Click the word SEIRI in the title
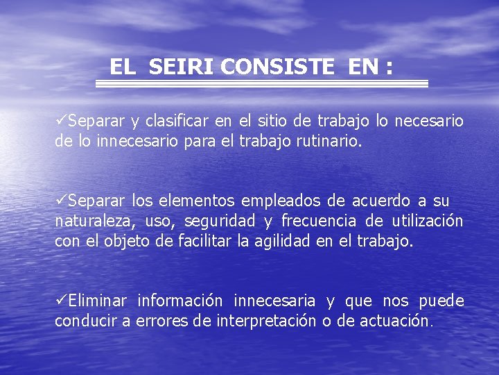tap(182, 67)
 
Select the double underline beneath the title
tap(261, 83)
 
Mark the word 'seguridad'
tap(220, 222)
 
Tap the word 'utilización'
tap(427, 222)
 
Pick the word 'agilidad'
tap(280, 242)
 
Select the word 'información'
tap(180, 301)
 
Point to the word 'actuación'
tap(395, 322)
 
